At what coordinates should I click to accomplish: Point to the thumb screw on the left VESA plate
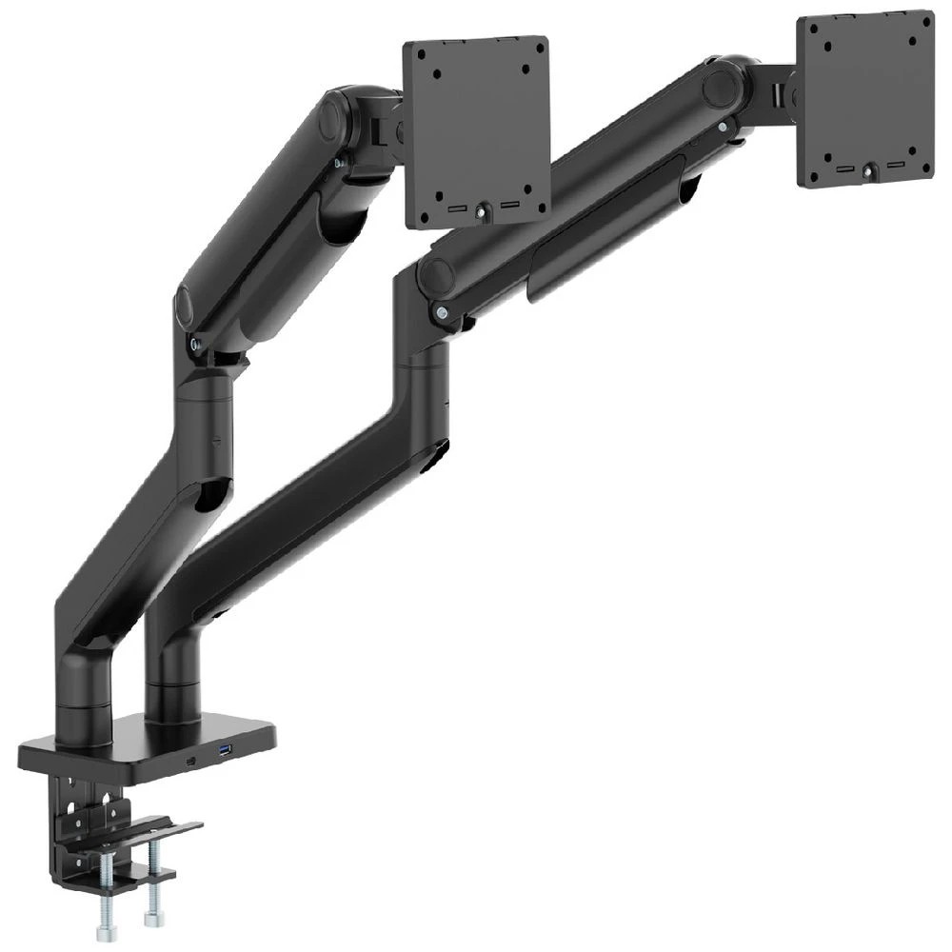[x=483, y=211]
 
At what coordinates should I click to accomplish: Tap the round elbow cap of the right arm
[x=436, y=275]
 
